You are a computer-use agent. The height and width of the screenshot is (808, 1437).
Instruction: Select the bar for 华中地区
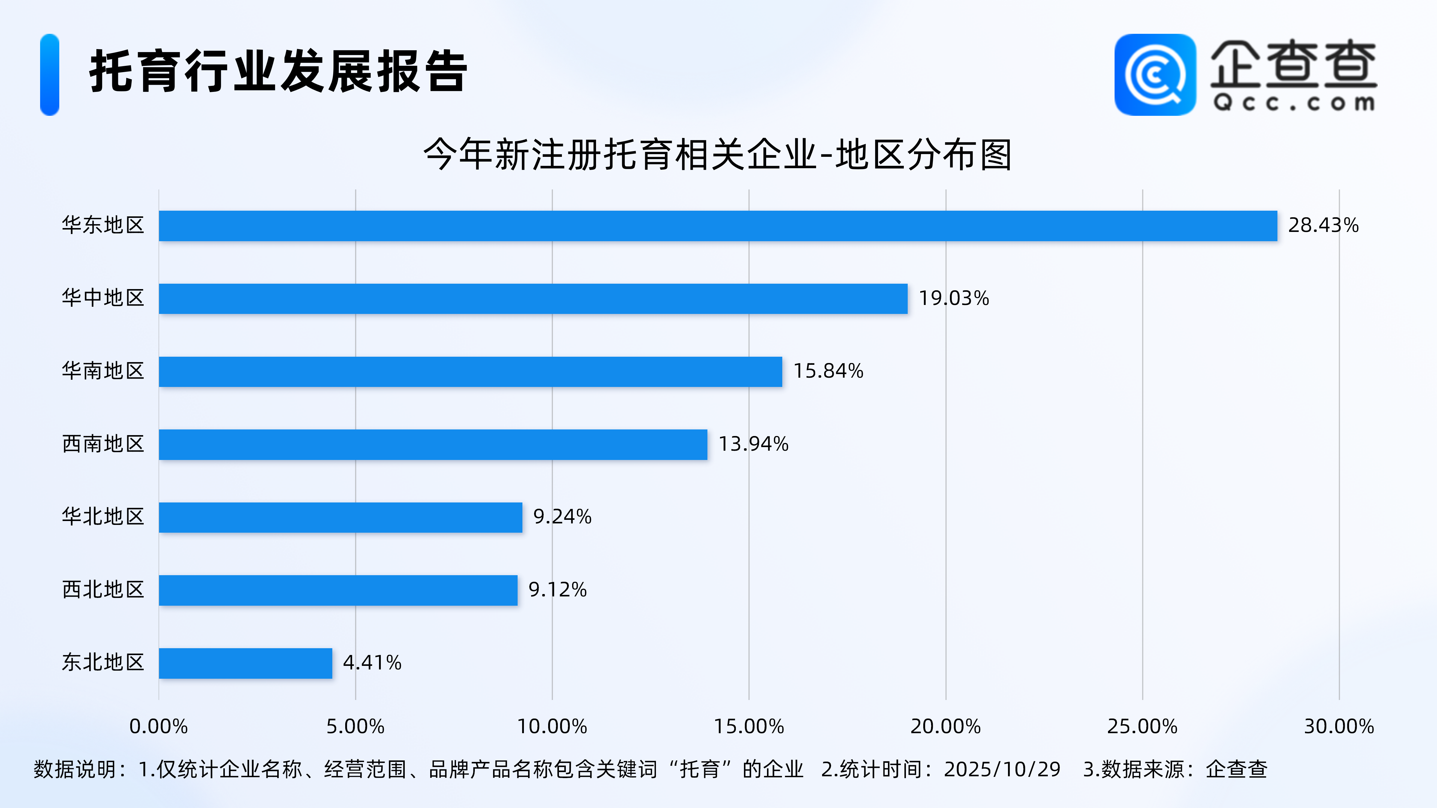(x=533, y=299)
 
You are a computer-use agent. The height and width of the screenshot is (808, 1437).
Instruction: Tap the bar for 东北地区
(x=245, y=663)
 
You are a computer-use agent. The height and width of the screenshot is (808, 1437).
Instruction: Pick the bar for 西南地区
(x=433, y=444)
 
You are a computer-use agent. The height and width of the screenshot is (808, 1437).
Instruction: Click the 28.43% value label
(x=1323, y=225)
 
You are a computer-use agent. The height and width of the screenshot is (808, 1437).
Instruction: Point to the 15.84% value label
(x=828, y=371)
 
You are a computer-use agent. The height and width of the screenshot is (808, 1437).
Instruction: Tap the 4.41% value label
(x=372, y=663)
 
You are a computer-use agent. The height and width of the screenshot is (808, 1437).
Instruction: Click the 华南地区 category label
(x=103, y=371)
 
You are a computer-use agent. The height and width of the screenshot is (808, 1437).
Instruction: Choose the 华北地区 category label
(x=103, y=516)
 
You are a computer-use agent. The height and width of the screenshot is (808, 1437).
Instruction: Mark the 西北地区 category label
(x=103, y=590)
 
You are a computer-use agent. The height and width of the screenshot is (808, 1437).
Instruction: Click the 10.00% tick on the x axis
(x=552, y=726)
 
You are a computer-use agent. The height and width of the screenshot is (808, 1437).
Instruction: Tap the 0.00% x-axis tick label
(x=158, y=726)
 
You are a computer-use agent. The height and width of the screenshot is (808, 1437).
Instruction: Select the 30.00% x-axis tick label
(x=1339, y=726)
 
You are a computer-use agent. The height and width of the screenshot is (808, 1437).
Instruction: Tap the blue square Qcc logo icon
(x=1155, y=75)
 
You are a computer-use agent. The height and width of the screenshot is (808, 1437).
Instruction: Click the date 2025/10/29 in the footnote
(x=1002, y=769)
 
